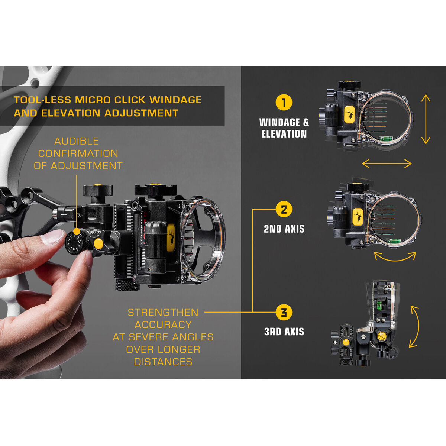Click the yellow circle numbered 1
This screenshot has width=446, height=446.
(284, 103)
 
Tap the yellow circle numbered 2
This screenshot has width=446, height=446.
(284, 210)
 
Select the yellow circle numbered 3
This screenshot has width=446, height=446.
(284, 312)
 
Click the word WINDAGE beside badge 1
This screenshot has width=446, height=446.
(279, 122)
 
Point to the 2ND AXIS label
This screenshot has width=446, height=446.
(284, 229)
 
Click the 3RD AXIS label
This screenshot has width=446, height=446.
(284, 332)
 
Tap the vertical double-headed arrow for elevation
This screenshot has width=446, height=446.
(426, 119)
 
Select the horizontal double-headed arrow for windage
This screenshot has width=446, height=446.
(387, 163)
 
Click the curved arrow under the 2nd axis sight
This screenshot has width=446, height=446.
(395, 256)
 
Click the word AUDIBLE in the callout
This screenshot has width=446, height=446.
(77, 141)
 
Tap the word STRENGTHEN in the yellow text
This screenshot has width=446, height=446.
(163, 313)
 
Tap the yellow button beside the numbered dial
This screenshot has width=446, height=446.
(98, 244)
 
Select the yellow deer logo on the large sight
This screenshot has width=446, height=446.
(171, 237)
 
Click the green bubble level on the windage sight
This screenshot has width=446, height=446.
(385, 140)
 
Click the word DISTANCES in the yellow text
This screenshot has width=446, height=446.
(163, 362)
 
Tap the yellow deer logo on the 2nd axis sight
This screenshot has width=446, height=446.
(358, 217)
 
